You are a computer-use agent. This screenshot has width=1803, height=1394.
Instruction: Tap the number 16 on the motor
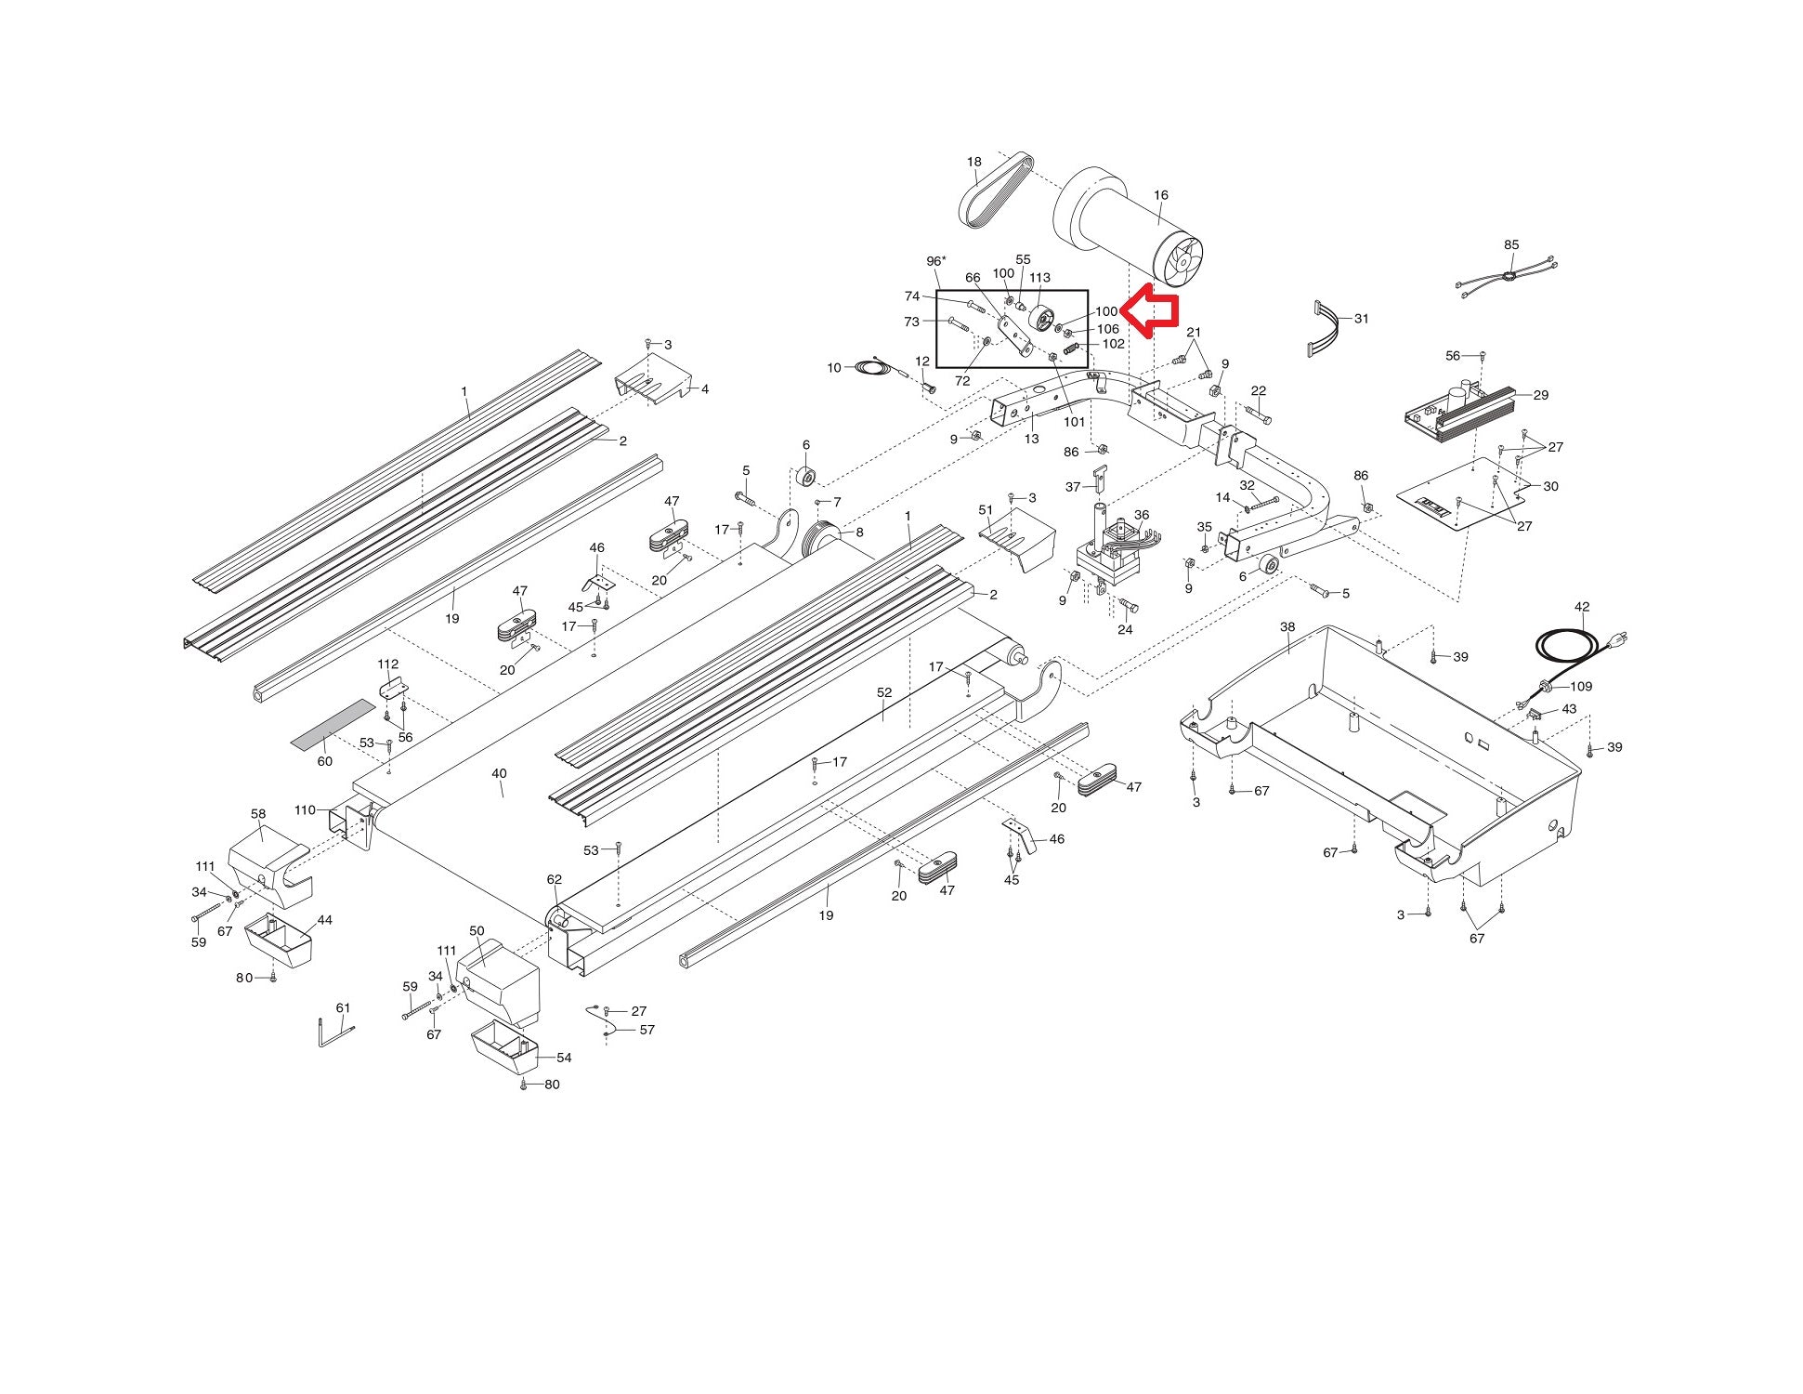(x=1160, y=195)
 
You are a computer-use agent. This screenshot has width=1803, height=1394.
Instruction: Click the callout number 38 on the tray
(x=1287, y=627)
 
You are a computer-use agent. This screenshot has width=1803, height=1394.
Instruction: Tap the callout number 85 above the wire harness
(x=1511, y=245)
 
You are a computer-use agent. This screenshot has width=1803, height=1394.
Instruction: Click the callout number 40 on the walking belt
(x=499, y=773)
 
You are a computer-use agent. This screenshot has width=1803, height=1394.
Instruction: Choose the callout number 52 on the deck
(x=883, y=692)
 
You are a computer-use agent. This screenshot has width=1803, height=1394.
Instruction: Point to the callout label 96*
(x=936, y=261)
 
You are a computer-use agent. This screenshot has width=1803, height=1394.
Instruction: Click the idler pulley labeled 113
(x=1043, y=321)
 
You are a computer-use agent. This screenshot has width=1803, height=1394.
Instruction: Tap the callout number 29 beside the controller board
(x=1540, y=395)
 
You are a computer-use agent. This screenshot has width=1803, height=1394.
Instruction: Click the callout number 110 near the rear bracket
(x=305, y=810)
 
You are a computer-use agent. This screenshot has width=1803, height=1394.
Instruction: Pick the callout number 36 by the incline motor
(x=1141, y=515)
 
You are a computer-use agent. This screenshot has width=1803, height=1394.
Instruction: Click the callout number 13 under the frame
(x=1031, y=439)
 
